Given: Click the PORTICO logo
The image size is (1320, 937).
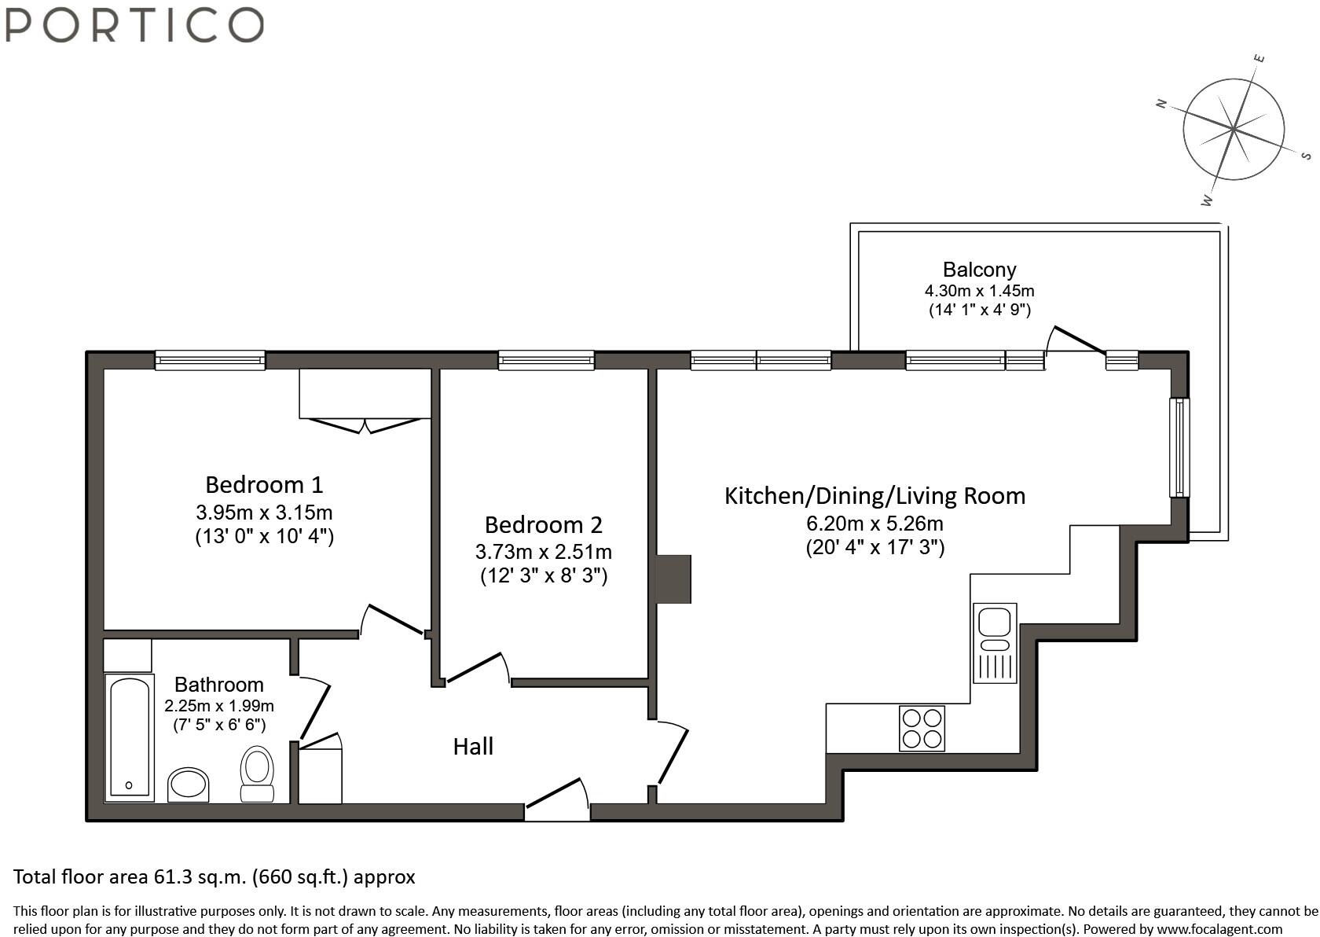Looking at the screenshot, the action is click(x=134, y=24).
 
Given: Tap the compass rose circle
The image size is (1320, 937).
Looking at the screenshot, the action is click(x=1234, y=128).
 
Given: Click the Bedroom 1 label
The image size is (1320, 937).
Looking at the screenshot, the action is click(x=264, y=484).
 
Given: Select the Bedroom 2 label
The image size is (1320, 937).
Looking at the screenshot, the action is click(x=543, y=524).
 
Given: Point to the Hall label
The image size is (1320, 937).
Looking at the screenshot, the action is click(x=473, y=746).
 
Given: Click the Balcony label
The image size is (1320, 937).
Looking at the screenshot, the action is click(x=979, y=270).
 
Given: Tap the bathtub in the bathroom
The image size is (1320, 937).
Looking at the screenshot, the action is click(x=130, y=737).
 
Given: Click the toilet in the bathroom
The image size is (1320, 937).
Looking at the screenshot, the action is click(x=257, y=773).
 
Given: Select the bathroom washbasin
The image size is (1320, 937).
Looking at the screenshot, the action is click(x=188, y=785).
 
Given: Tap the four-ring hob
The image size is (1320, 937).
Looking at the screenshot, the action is click(x=922, y=729).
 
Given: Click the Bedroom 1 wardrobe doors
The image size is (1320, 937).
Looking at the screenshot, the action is click(x=365, y=425).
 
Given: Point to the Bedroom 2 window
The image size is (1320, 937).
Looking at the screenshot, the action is click(x=546, y=361).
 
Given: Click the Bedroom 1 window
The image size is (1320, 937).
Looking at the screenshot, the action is click(x=210, y=361).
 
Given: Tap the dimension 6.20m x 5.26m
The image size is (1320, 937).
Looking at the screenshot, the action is click(x=874, y=524).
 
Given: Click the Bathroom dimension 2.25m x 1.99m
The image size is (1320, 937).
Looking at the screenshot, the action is click(x=219, y=706).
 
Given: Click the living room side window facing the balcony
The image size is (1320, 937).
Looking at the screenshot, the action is click(x=1179, y=447).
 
